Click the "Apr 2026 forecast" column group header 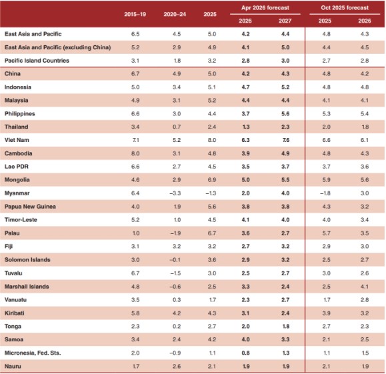[265, 7]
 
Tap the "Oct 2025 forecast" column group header [344, 7]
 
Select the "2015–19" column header [136, 13]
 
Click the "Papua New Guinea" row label [28, 207]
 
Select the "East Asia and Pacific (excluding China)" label [57, 47]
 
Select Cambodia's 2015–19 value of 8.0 [136, 153]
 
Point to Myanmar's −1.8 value [325, 193]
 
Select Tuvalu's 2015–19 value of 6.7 [136, 273]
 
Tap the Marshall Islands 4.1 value [361, 286]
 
